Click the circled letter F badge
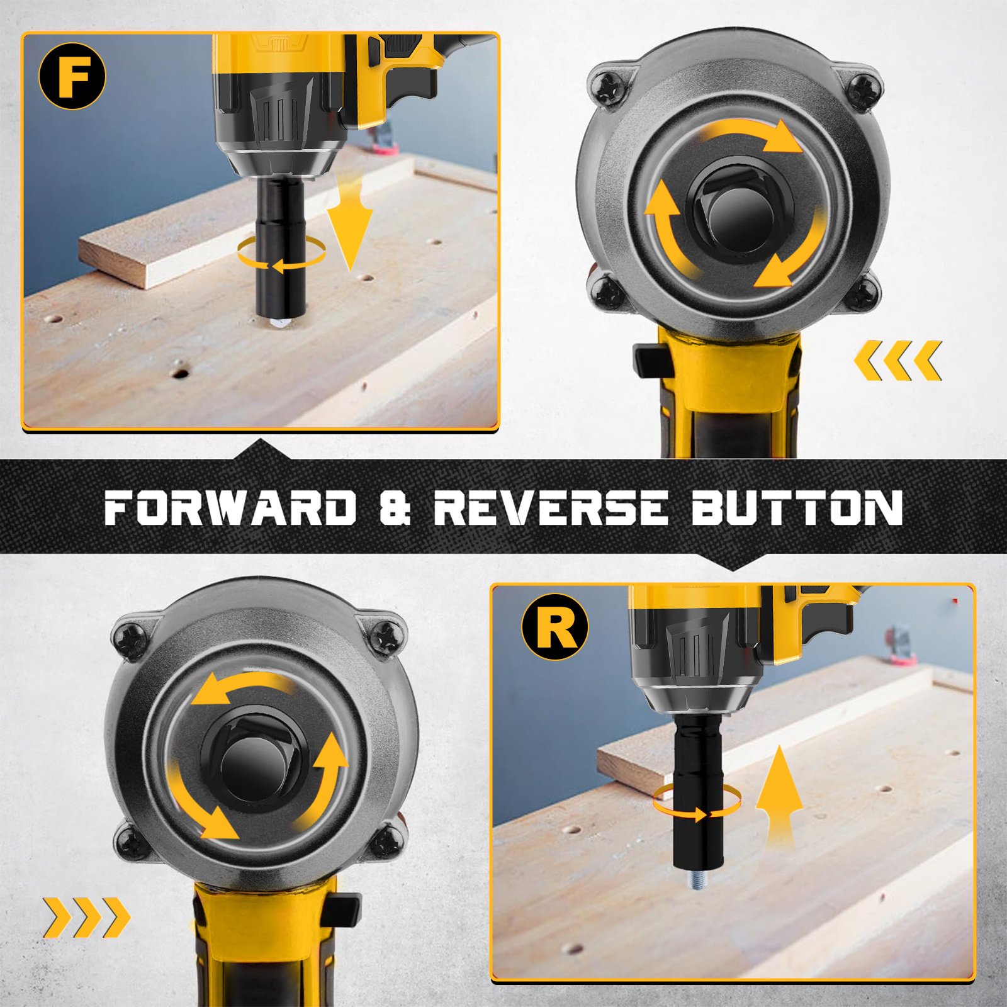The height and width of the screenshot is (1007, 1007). (72, 76)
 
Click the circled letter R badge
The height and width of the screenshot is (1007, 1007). (554, 627)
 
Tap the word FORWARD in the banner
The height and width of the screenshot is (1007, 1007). (230, 507)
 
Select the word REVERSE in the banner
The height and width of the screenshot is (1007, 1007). (551, 507)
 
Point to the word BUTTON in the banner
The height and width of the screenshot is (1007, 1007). (797, 507)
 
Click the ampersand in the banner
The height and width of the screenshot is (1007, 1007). (395, 507)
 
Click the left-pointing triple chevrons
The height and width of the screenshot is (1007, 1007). (897, 361)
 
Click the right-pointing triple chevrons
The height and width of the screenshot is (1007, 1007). (87, 918)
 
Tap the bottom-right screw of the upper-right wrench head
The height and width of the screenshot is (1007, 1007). (864, 291)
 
